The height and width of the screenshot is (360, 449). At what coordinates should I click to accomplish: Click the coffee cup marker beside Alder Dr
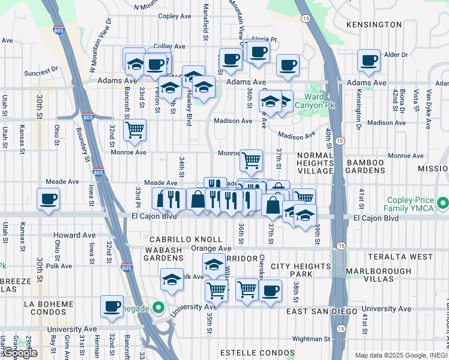tap(369, 61)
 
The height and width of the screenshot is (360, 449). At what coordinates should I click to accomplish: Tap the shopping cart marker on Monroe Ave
tap(251, 160)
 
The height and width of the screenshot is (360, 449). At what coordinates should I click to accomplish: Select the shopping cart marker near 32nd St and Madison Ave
tap(134, 130)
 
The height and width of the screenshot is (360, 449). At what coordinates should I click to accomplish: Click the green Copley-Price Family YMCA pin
tap(443, 203)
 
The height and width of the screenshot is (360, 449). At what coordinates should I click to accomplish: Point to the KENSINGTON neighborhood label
tap(374, 25)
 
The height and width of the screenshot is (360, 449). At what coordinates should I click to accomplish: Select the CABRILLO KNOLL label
tap(174, 239)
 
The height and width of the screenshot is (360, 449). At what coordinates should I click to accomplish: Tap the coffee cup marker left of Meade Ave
tap(48, 199)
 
